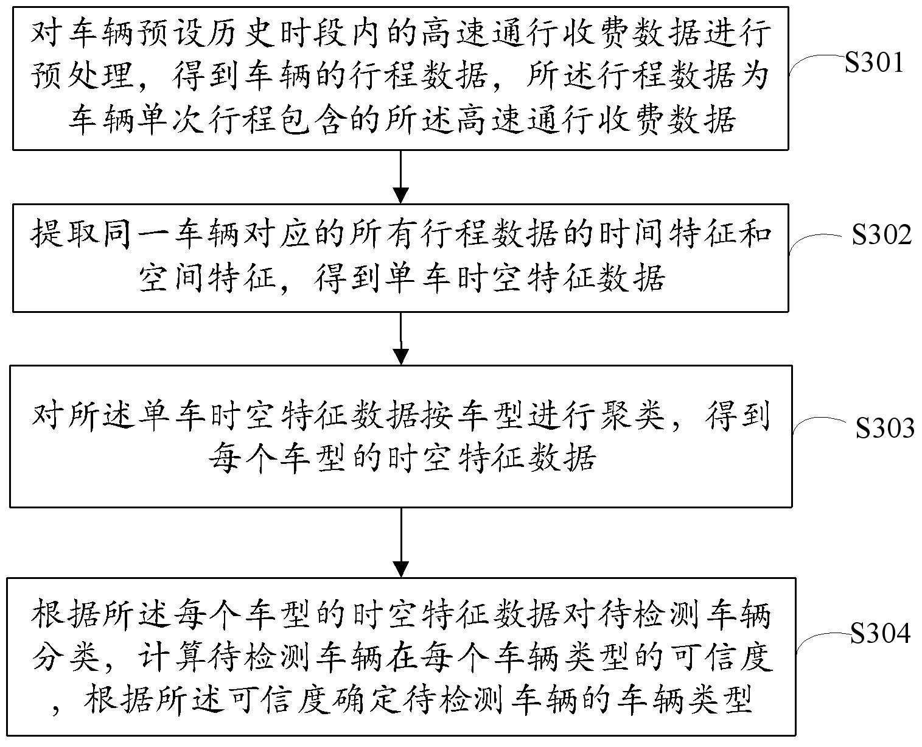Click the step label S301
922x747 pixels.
873,63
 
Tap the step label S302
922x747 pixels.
881,235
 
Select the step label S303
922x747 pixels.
885,429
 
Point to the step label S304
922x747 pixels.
880,634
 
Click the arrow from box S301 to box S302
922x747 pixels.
400,177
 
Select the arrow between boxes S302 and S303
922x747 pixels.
400,338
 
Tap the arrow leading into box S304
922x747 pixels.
400,541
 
